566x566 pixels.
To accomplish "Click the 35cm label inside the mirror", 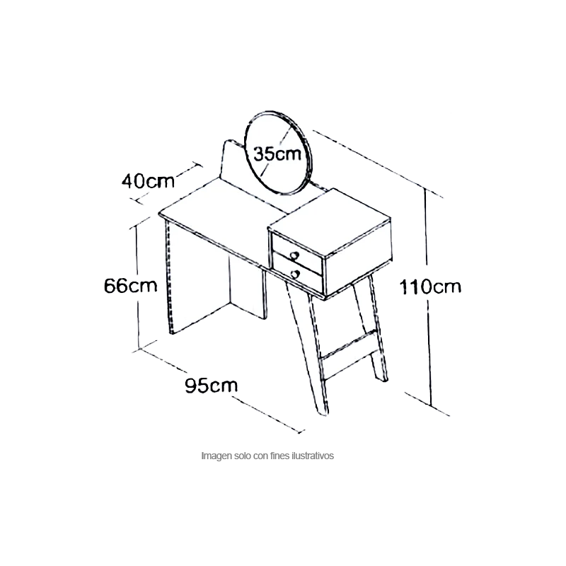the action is pos(277,154).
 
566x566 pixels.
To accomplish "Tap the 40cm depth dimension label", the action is pos(148,180).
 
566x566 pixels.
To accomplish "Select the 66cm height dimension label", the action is pos(131,286).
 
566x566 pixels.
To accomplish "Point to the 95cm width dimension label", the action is pos(211,385).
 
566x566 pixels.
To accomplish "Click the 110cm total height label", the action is pos(430,287).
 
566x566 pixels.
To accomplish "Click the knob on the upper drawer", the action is pos(294,256).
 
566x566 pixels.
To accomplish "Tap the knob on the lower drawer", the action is pos(295,275).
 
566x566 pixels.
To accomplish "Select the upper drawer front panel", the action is pos(296,253).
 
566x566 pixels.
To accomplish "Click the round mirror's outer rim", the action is pos(245,144).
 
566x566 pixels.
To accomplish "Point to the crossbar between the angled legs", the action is pos(349,344).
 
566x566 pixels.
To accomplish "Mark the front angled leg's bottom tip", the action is pos(324,413).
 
